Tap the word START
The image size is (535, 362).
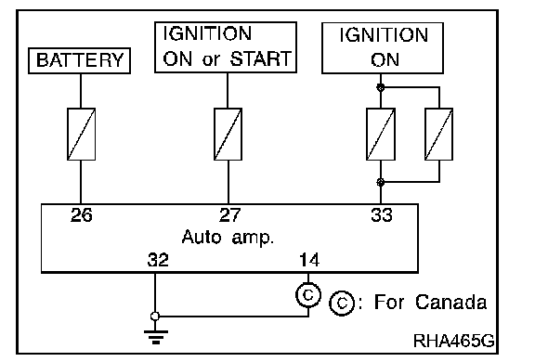(x=261, y=58)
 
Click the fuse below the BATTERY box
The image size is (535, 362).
(x=81, y=134)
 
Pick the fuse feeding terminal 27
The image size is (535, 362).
(x=228, y=134)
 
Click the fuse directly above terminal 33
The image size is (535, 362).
(x=381, y=134)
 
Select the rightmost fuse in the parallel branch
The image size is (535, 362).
(x=438, y=134)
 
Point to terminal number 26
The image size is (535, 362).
(x=82, y=215)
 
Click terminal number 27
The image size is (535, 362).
(x=230, y=215)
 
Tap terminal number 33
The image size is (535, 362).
(x=382, y=215)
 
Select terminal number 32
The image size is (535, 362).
(x=158, y=260)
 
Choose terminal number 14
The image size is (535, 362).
(x=309, y=260)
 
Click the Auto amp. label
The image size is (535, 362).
(x=228, y=237)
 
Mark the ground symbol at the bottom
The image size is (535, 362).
(x=156, y=337)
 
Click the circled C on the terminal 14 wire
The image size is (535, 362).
(x=308, y=295)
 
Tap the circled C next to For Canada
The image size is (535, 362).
(x=342, y=303)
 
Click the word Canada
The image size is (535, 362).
(x=450, y=302)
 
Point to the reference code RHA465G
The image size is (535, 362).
(x=454, y=340)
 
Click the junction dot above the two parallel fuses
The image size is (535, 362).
(x=381, y=87)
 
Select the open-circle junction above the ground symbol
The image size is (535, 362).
(x=155, y=317)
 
